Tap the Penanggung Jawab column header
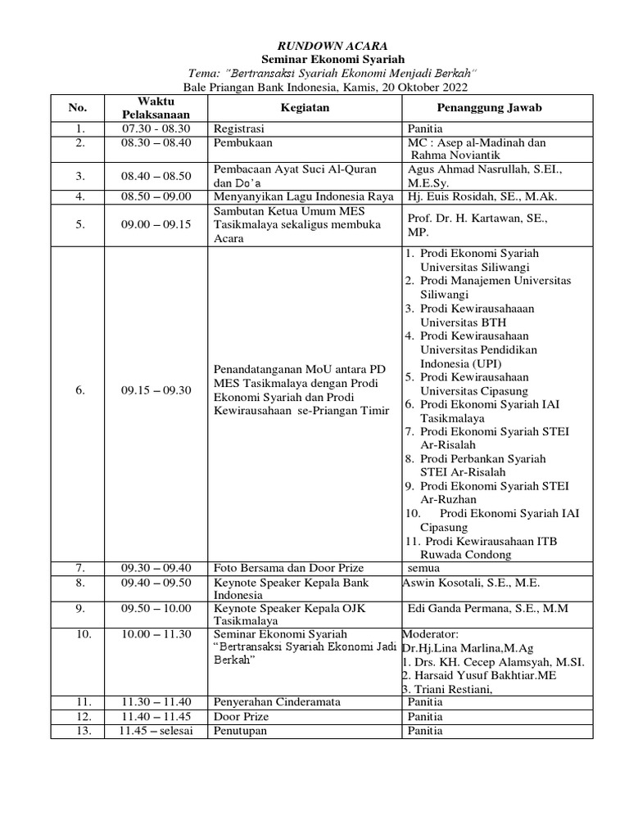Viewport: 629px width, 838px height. tap(496, 107)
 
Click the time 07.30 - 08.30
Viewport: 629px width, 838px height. tap(156, 128)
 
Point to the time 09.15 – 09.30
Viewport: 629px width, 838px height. tap(156, 390)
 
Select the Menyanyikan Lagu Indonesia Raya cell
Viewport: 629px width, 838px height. tap(304, 196)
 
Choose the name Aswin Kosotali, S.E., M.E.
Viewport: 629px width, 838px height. tap(471, 583)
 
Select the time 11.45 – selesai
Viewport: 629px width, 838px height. tap(156, 731)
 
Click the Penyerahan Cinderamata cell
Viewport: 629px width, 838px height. tap(277, 701)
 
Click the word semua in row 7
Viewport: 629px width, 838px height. tap(424, 568)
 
